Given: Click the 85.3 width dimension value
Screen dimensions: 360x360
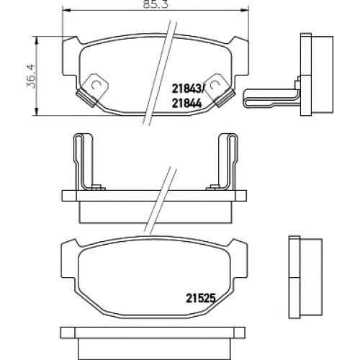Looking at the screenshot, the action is tap(156, 4).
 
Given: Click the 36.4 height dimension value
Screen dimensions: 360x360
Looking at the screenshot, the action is tap(31, 76).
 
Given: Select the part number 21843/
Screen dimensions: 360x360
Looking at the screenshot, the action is tap(187, 90).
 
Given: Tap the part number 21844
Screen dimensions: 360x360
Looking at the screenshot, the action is tap(186, 104).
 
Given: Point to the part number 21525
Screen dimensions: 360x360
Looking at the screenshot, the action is tap(200, 299).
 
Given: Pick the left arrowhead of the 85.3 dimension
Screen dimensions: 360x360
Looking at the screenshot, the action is tap(66, 10).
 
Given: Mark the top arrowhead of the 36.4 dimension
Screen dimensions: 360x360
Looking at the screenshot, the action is tap(36, 41).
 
